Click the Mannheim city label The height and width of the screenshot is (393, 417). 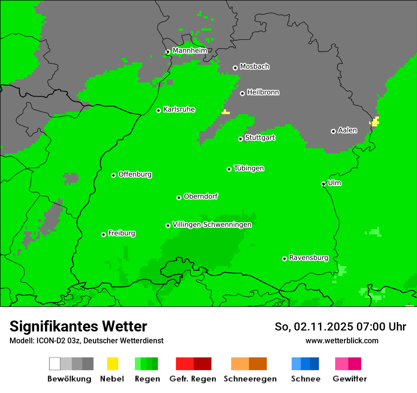click(x=190, y=51)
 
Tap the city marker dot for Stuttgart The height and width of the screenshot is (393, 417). click(x=241, y=139)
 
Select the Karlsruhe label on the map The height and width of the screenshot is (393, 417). click(x=179, y=109)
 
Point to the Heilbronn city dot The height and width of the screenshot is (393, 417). click(x=243, y=93)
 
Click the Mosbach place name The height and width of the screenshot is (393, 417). click(x=254, y=67)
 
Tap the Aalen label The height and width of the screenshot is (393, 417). click(x=347, y=130)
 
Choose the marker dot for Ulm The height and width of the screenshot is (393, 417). click(x=324, y=184)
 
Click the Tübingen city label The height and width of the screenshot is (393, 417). click(x=249, y=168)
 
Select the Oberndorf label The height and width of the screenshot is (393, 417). click(x=200, y=196)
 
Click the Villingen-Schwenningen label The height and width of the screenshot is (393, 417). click(x=212, y=224)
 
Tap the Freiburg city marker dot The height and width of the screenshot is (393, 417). click(x=104, y=234)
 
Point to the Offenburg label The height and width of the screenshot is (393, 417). click(x=135, y=174)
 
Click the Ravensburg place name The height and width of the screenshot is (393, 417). click(x=308, y=258)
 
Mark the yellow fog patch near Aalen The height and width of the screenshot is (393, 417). click(x=375, y=122)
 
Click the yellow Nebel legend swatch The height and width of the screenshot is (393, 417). click(x=112, y=364)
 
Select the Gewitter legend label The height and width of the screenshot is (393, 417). click(x=349, y=379)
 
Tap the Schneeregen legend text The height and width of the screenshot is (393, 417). click(x=250, y=379)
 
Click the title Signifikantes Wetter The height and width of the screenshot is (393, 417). click(x=78, y=326)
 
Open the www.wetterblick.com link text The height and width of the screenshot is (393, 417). click(x=342, y=340)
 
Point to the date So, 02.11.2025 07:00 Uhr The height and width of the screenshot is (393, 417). click(x=340, y=327)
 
